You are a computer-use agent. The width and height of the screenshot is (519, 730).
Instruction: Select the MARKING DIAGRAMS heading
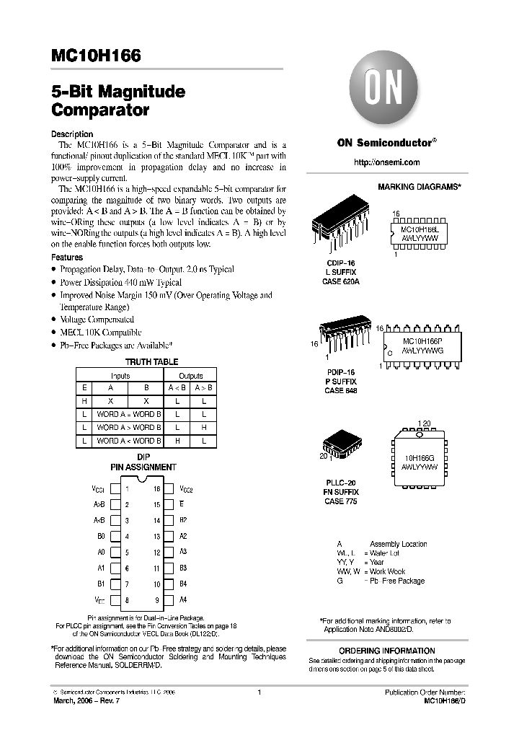tap(419, 187)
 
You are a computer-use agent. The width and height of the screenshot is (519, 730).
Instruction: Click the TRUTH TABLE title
tap(152, 362)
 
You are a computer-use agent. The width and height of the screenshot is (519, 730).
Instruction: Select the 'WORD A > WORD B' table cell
tap(130, 427)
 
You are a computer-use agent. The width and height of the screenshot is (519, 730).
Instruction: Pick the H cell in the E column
tap(84, 400)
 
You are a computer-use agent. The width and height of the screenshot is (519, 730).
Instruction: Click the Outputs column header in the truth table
tap(190, 375)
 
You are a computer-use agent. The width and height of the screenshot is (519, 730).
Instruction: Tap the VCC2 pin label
tap(186, 488)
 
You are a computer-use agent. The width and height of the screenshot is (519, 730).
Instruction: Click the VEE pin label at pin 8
tap(99, 599)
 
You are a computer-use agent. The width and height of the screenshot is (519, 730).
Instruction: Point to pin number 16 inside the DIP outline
tap(156, 488)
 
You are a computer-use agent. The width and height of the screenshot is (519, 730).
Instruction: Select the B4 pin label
tap(183, 584)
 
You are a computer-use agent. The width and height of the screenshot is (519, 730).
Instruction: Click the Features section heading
tap(67, 258)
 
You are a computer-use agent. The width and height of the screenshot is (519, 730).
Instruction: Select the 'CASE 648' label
tap(340, 390)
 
